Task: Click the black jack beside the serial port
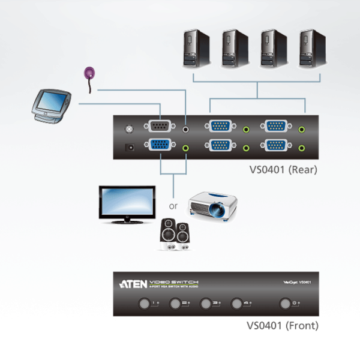[187, 127]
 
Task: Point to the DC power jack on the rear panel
[127, 146]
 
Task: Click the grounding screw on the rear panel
[127, 127]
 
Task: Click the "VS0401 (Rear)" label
[283, 170]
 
